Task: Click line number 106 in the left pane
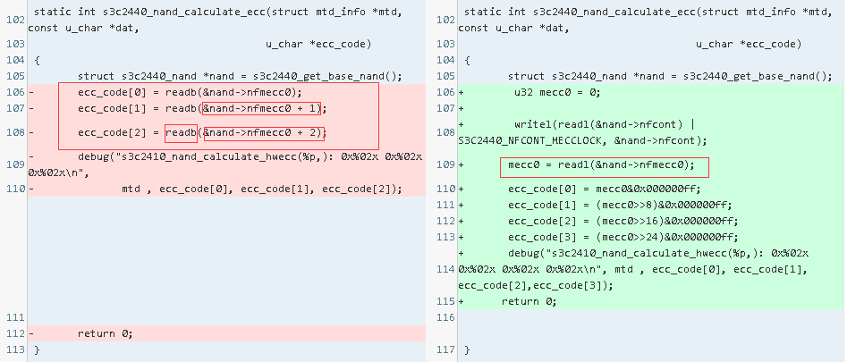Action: point(13,92)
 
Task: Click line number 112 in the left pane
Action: point(13,333)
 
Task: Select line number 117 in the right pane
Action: point(444,349)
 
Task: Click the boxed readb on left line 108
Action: point(181,133)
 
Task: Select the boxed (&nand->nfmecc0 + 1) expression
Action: point(264,108)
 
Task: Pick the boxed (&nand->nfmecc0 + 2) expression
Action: point(264,133)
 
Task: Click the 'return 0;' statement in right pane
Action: point(529,301)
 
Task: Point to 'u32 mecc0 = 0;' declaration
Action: point(556,92)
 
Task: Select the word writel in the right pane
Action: point(531,124)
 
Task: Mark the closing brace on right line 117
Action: point(467,349)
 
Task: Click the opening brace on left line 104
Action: point(37,60)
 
